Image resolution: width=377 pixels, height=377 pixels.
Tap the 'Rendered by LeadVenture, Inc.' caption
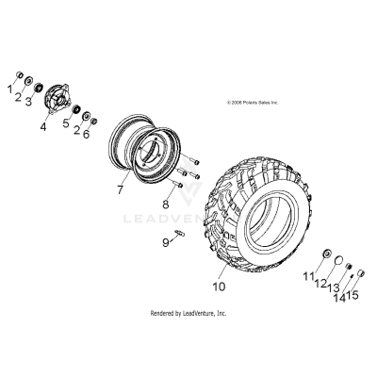[x=188, y=312]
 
